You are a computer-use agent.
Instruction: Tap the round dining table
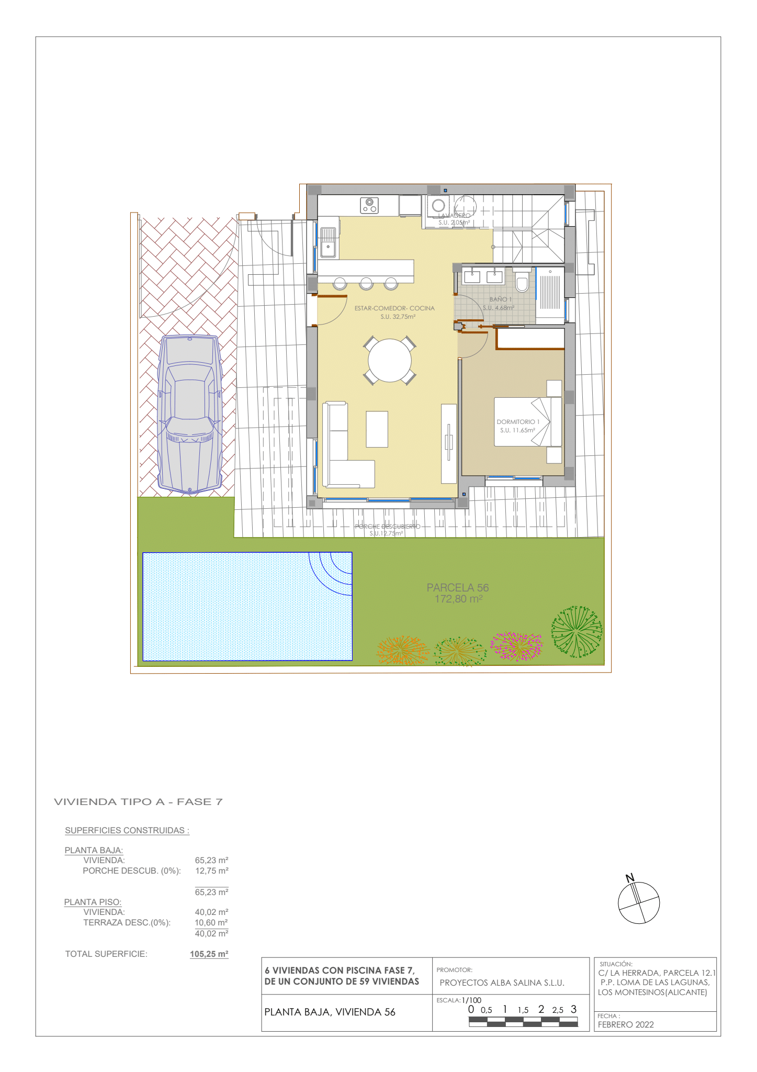pos(389,361)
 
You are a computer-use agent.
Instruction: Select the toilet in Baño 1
pos(522,283)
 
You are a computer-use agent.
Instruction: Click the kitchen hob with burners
pos(369,205)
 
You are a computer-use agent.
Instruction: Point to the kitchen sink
pos(329,242)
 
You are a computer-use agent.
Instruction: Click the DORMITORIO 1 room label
pos(517,421)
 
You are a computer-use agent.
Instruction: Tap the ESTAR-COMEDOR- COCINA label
pos(394,308)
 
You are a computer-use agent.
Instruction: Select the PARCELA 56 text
pos(458,588)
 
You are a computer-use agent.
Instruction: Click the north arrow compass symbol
pos(638,902)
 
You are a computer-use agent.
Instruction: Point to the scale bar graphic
pos(523,1023)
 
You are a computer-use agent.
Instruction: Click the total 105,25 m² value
pos(209,954)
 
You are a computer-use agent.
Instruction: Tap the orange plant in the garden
pos(401,651)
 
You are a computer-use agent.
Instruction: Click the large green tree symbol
pos(577,631)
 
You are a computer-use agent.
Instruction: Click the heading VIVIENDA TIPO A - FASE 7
pos(139,802)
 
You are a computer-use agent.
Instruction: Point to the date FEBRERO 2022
pos(626,1024)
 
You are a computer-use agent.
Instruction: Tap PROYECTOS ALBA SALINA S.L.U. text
pos(502,982)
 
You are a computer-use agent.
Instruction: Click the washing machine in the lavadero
pos(438,206)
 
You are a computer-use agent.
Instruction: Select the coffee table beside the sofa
pos(377,429)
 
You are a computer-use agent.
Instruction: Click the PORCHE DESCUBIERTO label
pos(387,527)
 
